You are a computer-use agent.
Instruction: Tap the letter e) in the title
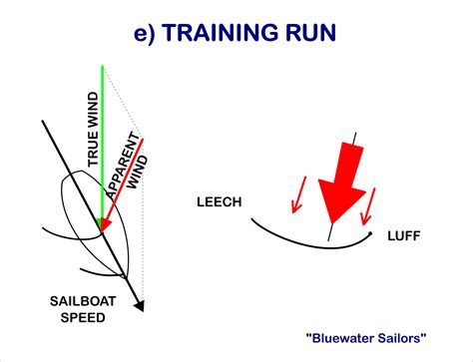click(145, 33)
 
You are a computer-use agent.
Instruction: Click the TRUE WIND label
click(93, 130)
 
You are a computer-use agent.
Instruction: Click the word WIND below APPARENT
click(138, 173)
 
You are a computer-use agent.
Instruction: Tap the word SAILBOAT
click(83, 301)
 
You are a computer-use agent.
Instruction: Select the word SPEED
click(83, 318)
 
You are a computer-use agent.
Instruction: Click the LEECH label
click(220, 202)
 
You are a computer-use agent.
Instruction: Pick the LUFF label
click(404, 236)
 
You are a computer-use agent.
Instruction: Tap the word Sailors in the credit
click(403, 338)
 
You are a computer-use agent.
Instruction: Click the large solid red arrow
click(341, 182)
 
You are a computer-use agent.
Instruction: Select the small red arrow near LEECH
click(298, 194)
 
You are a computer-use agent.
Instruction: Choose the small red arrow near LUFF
click(368, 206)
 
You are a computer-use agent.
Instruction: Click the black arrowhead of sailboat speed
click(141, 305)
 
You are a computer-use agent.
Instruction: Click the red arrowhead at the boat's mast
click(104, 224)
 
